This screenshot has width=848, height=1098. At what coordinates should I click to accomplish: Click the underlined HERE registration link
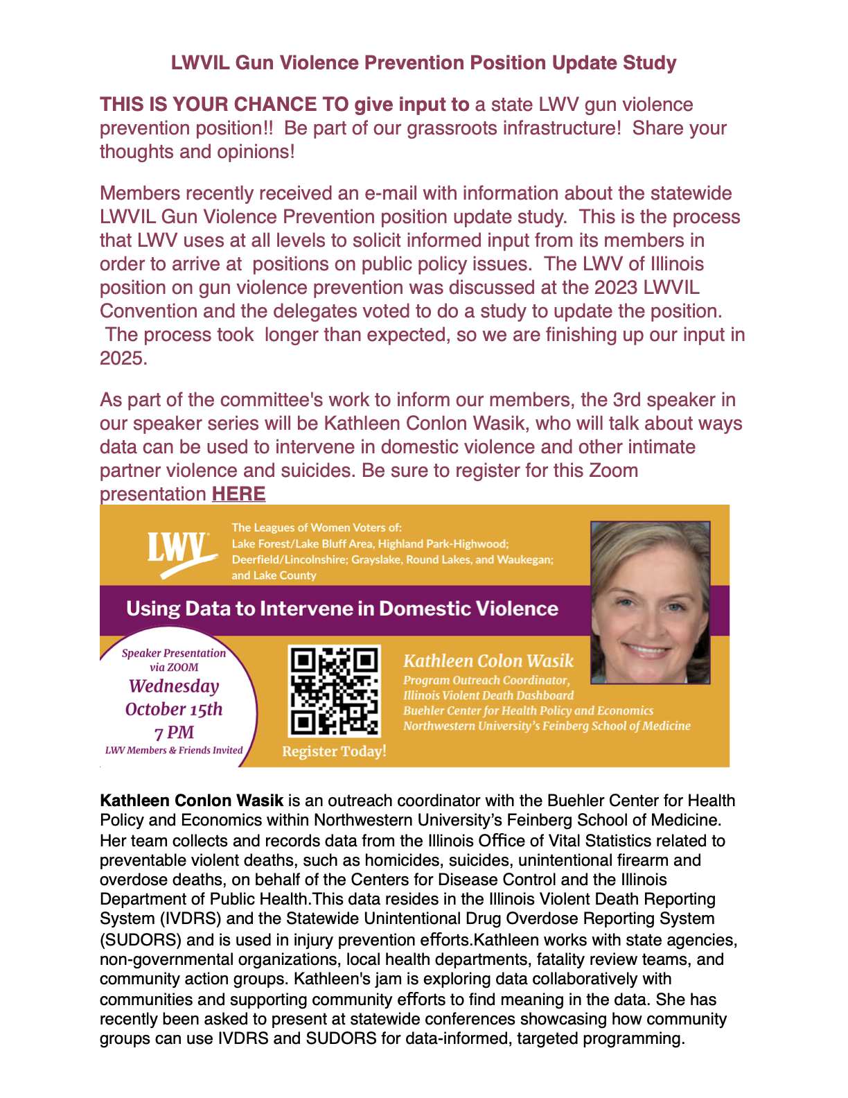tap(238, 494)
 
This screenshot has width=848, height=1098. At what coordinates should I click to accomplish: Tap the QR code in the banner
tap(334, 690)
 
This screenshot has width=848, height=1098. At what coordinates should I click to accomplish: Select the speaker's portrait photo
tap(650, 602)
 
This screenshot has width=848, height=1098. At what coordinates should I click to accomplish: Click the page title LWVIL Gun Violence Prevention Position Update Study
tap(423, 63)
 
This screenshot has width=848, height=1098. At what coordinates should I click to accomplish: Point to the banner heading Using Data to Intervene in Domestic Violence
tap(342, 609)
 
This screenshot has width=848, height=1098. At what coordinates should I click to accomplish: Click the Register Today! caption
tap(334, 751)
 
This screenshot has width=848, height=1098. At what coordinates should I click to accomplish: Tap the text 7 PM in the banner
tap(174, 733)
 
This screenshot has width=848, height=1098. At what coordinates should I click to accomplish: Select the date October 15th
tap(174, 709)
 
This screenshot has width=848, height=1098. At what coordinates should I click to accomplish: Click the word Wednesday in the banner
tap(174, 686)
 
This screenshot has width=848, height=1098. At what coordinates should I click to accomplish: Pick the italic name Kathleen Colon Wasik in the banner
tap(488, 661)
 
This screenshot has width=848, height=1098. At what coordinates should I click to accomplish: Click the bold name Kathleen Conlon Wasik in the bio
tap(191, 801)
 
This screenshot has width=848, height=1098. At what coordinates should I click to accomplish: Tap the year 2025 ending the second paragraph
tap(123, 358)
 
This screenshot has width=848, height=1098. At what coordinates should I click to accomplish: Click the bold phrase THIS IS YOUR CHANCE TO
tap(224, 105)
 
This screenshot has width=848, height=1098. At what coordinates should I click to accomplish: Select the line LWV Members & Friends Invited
tap(174, 750)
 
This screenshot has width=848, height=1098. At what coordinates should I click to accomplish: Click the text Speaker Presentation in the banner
tap(174, 653)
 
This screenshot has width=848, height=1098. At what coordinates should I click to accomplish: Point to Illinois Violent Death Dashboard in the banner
tap(488, 695)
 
